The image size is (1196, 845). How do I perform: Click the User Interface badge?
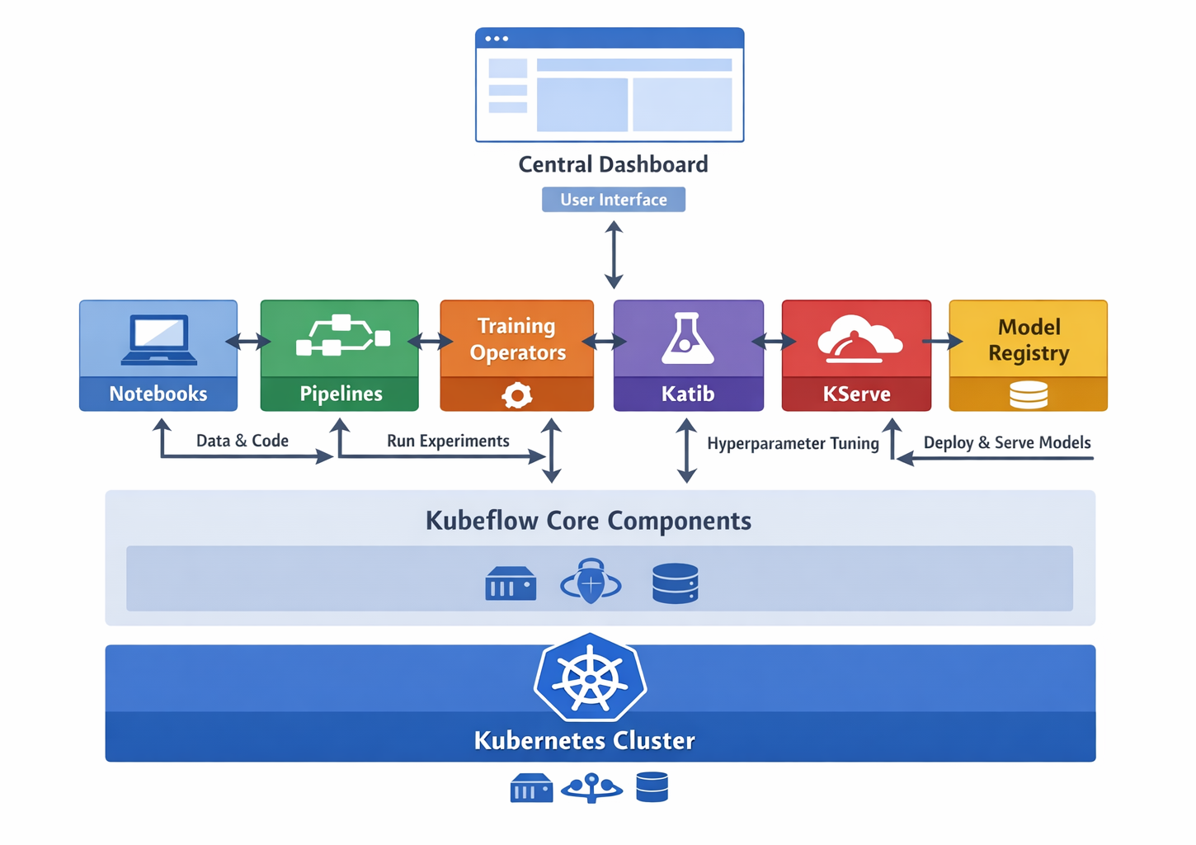pos(613,200)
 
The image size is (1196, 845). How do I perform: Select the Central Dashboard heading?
pos(613,164)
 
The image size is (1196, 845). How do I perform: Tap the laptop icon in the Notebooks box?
pos(159,339)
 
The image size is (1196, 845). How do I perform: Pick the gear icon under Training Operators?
pos(517,395)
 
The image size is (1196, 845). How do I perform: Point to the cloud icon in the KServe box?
pos(859,339)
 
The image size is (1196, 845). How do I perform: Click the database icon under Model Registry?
pos(1029,395)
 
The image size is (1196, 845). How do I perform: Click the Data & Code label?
pos(242,441)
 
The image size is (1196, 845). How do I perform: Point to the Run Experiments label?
pos(448,441)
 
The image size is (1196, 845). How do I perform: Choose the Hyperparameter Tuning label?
pos(793,443)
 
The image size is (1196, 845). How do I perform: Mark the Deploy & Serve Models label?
pos(1007,442)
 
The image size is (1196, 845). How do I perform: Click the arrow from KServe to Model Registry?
pos(942,341)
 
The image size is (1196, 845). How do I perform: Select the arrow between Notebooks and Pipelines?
pos(248,340)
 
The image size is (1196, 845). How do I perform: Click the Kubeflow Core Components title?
pos(588,521)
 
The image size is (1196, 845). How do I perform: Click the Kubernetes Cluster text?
pos(584,740)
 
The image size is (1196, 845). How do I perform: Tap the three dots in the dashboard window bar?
pos(497,39)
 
